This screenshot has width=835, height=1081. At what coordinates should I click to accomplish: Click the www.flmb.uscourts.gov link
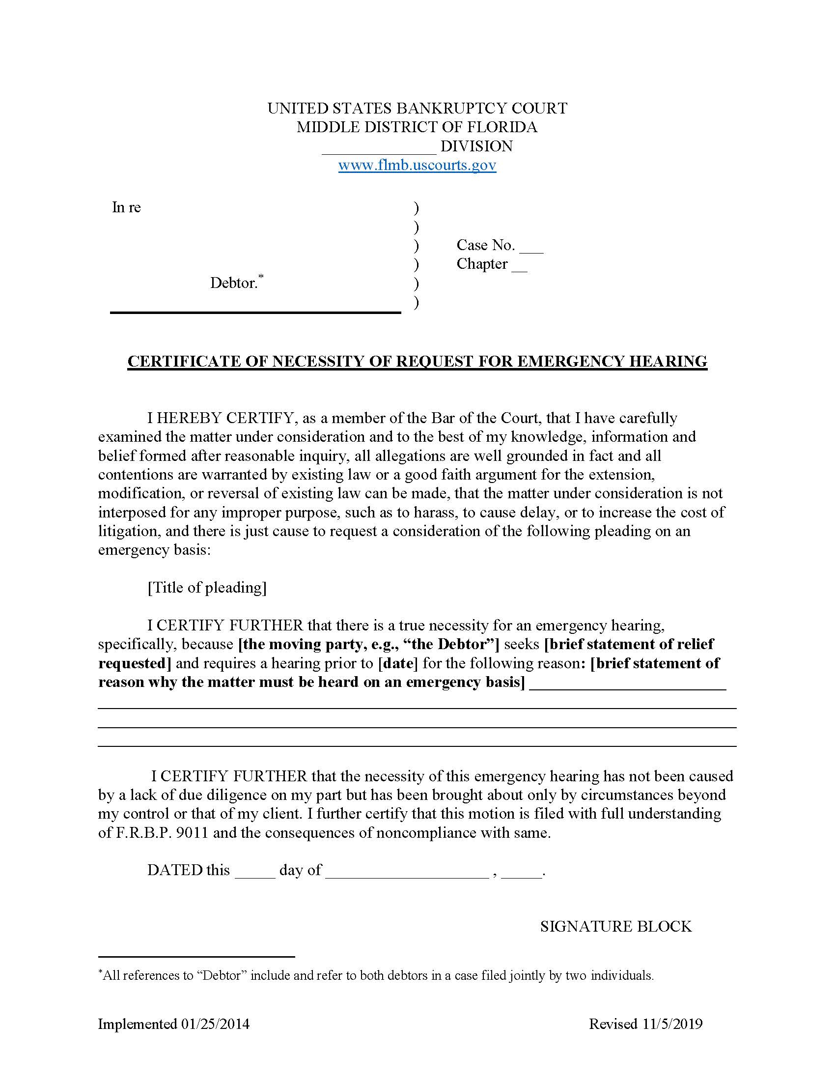pyautogui.click(x=417, y=165)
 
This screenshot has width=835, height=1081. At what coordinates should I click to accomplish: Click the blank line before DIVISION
pyautogui.click(x=379, y=148)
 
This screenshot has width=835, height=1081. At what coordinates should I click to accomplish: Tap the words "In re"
pyautogui.click(x=126, y=207)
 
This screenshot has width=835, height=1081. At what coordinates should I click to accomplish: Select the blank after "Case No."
pyautogui.click(x=532, y=248)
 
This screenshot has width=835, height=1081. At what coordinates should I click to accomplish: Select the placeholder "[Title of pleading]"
pyautogui.click(x=207, y=588)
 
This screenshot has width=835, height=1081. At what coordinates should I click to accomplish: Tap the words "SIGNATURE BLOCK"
pyautogui.click(x=615, y=927)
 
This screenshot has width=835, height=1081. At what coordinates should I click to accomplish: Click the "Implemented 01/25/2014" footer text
pyautogui.click(x=173, y=1024)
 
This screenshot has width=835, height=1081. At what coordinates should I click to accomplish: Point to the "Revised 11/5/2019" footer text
pyautogui.click(x=645, y=1024)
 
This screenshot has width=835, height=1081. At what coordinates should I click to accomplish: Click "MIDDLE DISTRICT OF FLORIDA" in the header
pyautogui.click(x=417, y=127)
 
